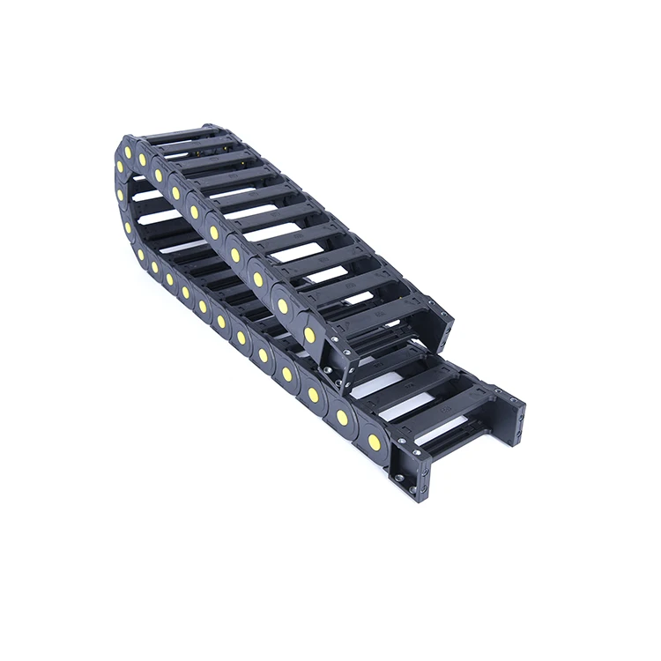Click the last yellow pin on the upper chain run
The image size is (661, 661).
tap(310, 335)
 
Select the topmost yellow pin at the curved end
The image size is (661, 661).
tap(119, 165)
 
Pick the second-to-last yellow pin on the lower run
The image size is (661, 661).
tap(342, 417)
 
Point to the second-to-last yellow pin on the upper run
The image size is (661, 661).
tap(283, 305)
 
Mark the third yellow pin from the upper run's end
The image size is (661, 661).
tap(258, 279)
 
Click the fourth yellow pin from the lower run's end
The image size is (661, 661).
tap(286, 375)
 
